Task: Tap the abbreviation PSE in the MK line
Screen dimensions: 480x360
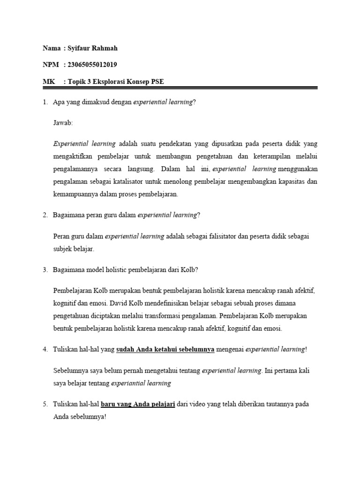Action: click(157, 82)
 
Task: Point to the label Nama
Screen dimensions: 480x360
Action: click(52, 48)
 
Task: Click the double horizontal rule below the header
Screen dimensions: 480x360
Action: click(180, 88)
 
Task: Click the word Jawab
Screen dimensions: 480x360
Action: click(63, 123)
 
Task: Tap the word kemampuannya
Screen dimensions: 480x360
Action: click(75, 194)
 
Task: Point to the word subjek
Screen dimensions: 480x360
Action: click(63, 249)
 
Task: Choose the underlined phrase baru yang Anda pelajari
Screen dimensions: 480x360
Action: click(138, 404)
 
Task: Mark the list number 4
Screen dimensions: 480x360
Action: click(45, 350)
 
